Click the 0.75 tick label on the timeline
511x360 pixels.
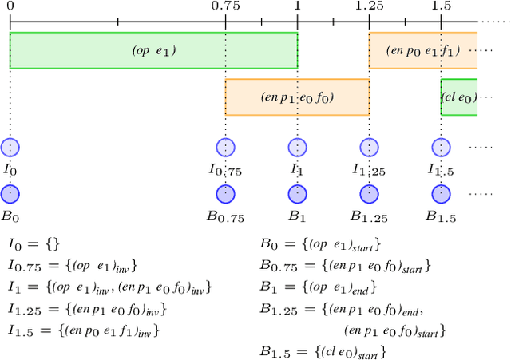pos(226,6)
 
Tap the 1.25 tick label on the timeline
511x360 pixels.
pos(369,6)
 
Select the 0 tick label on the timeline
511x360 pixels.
pos(10,6)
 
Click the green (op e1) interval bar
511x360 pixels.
pos(153,50)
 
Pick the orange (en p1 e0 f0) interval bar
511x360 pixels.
pos(297,97)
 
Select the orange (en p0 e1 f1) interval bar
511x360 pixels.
pos(422,50)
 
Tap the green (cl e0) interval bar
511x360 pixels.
pos(459,97)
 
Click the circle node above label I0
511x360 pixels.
pos(10,148)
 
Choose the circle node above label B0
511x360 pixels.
pos(10,194)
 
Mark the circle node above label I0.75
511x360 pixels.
pos(225,148)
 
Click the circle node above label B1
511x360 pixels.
pos(297,194)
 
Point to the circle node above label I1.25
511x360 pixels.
pos(368,148)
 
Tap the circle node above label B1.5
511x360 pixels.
pos(440,194)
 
